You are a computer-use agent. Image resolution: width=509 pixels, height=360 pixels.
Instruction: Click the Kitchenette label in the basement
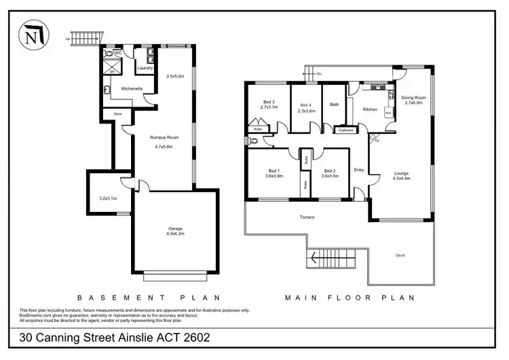pos(131,88)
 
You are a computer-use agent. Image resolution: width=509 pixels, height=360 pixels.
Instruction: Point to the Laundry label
pos(145,68)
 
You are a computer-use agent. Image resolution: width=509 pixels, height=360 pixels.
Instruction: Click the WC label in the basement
pos(117,53)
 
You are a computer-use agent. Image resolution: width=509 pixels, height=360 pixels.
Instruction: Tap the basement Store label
pos(117,113)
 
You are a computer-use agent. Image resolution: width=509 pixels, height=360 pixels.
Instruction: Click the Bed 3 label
pos(269,103)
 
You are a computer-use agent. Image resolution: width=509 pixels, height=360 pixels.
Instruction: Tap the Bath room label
pos(334,105)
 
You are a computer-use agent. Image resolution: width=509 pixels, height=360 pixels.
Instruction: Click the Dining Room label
pos(413,98)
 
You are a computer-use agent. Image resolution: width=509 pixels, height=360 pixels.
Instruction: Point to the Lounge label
pos(401,173)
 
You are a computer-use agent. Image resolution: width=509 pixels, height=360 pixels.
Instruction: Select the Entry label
pos(359,170)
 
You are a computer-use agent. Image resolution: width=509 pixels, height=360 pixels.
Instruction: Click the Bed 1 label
pos(274,171)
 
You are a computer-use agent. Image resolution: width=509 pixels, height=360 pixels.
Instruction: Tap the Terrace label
pos(307,217)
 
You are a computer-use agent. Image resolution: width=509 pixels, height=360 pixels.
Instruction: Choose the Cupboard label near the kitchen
pos(346,129)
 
